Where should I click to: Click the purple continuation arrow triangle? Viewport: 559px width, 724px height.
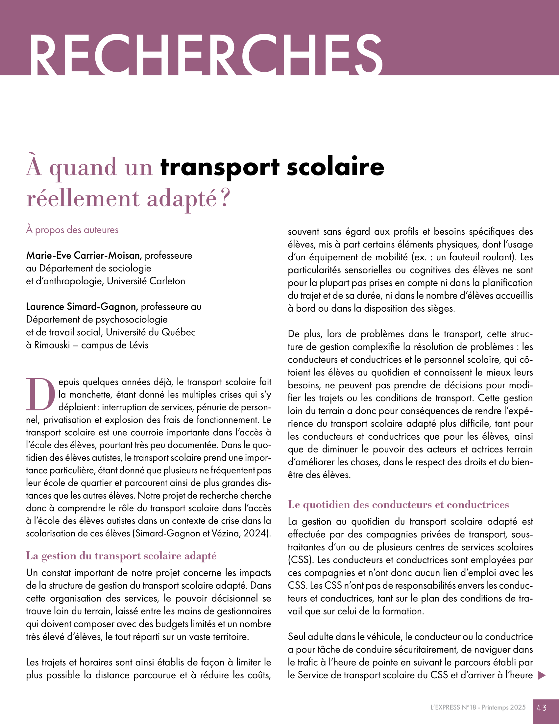point(542,675)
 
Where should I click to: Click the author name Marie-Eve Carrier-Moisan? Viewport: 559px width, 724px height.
point(84,255)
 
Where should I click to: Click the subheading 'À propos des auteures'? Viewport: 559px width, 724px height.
point(72,230)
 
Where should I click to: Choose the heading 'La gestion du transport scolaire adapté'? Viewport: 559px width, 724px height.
point(121,556)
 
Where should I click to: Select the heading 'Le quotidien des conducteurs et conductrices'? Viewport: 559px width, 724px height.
point(398,504)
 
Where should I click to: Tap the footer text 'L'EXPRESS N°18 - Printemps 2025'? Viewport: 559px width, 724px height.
point(478,708)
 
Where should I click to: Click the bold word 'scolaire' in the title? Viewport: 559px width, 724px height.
point(335,167)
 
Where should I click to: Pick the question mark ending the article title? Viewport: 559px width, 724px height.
point(225,198)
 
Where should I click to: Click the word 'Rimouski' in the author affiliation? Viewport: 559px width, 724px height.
point(52,345)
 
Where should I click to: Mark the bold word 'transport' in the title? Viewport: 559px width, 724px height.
point(220,167)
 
